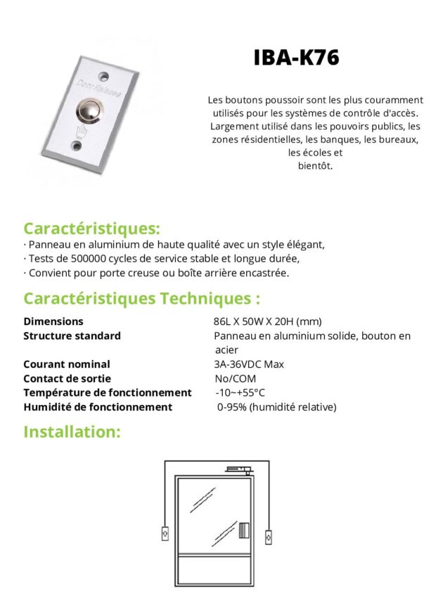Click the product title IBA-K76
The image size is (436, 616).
pos(296,58)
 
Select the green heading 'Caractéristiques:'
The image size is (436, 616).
pos(91,229)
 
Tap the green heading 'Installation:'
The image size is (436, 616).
pos(72,431)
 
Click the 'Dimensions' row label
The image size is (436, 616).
pos(53,321)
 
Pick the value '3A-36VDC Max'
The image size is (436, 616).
pos(249,364)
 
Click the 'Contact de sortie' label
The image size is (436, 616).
pos(68,378)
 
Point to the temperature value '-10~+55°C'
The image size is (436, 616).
pos(240,392)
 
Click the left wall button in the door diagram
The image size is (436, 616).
pos(165,532)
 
